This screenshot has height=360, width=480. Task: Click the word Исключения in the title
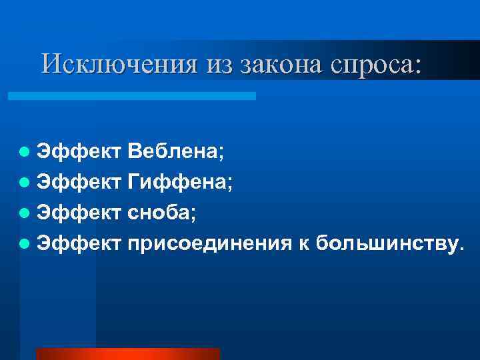pyautogui.click(x=107, y=64)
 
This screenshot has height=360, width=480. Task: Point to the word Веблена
pyautogui.click(x=174, y=152)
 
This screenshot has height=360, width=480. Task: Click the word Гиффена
pyautogui.click(x=179, y=182)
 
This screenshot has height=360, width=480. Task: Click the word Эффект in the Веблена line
pyautogui.click(x=78, y=152)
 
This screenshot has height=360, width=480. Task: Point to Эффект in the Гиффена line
pyautogui.click(x=78, y=182)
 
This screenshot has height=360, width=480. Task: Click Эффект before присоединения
pyautogui.click(x=78, y=243)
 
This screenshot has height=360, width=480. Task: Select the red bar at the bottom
pyautogui.click(x=127, y=354)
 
